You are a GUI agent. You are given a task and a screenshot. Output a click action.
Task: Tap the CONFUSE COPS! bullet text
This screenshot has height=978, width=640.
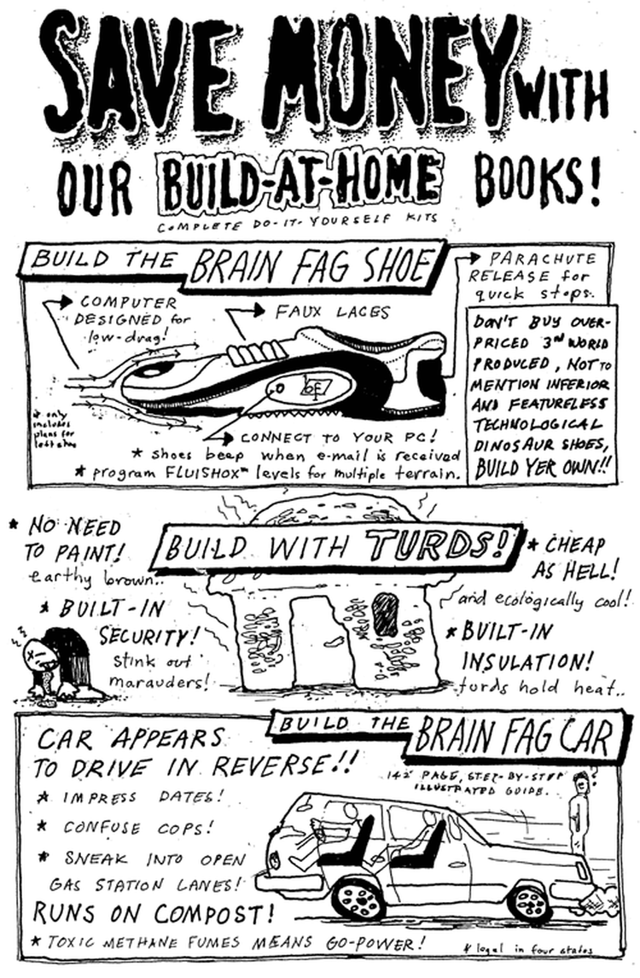click(137, 828)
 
